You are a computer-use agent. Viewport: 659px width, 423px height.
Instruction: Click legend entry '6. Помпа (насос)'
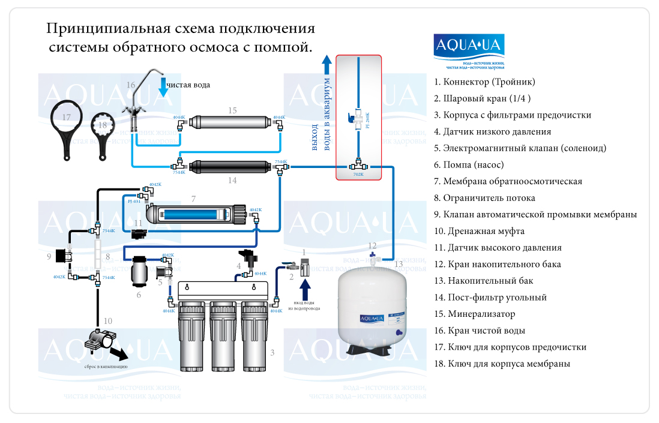(x=473, y=164)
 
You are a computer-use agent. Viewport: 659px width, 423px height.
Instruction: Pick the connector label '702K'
(x=358, y=175)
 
